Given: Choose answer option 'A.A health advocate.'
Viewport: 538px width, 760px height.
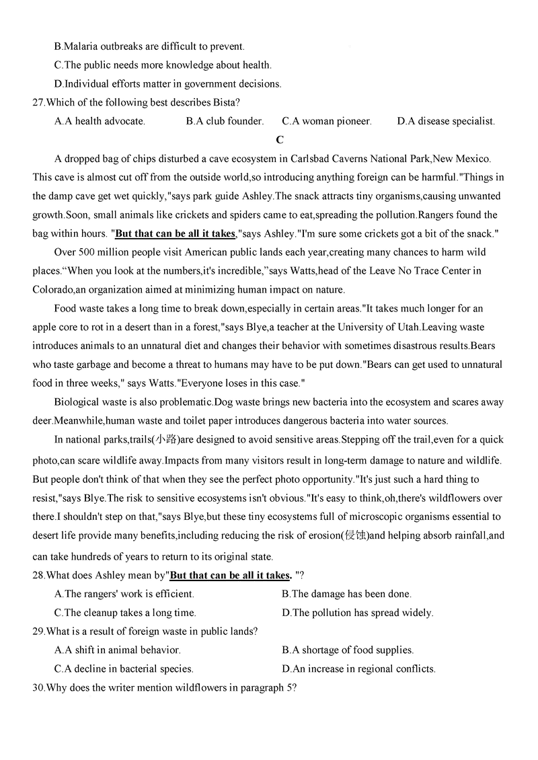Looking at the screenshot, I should (x=100, y=121).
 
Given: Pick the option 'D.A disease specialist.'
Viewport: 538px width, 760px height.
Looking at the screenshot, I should (x=446, y=121).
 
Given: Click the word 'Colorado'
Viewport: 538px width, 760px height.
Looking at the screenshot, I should (x=53, y=290).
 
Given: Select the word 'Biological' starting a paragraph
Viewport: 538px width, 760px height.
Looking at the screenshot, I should (x=79, y=402).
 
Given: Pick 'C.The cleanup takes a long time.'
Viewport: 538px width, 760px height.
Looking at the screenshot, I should (x=125, y=613).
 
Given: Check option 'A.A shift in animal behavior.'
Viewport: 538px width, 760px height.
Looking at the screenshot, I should (x=117, y=650).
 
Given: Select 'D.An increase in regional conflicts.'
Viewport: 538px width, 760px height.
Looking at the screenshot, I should (x=358, y=669).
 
